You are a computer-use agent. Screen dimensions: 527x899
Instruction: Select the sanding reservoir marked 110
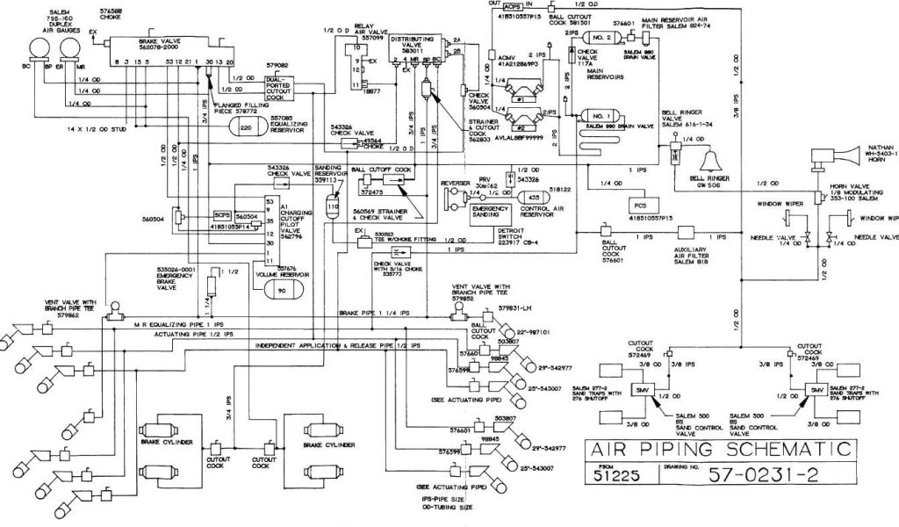332,206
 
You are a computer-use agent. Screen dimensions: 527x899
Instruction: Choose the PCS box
638,204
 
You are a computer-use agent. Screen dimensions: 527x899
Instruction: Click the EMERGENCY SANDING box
490,211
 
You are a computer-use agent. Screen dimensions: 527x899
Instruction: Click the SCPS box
223,214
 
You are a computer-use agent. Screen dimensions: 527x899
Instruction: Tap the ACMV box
492,56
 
